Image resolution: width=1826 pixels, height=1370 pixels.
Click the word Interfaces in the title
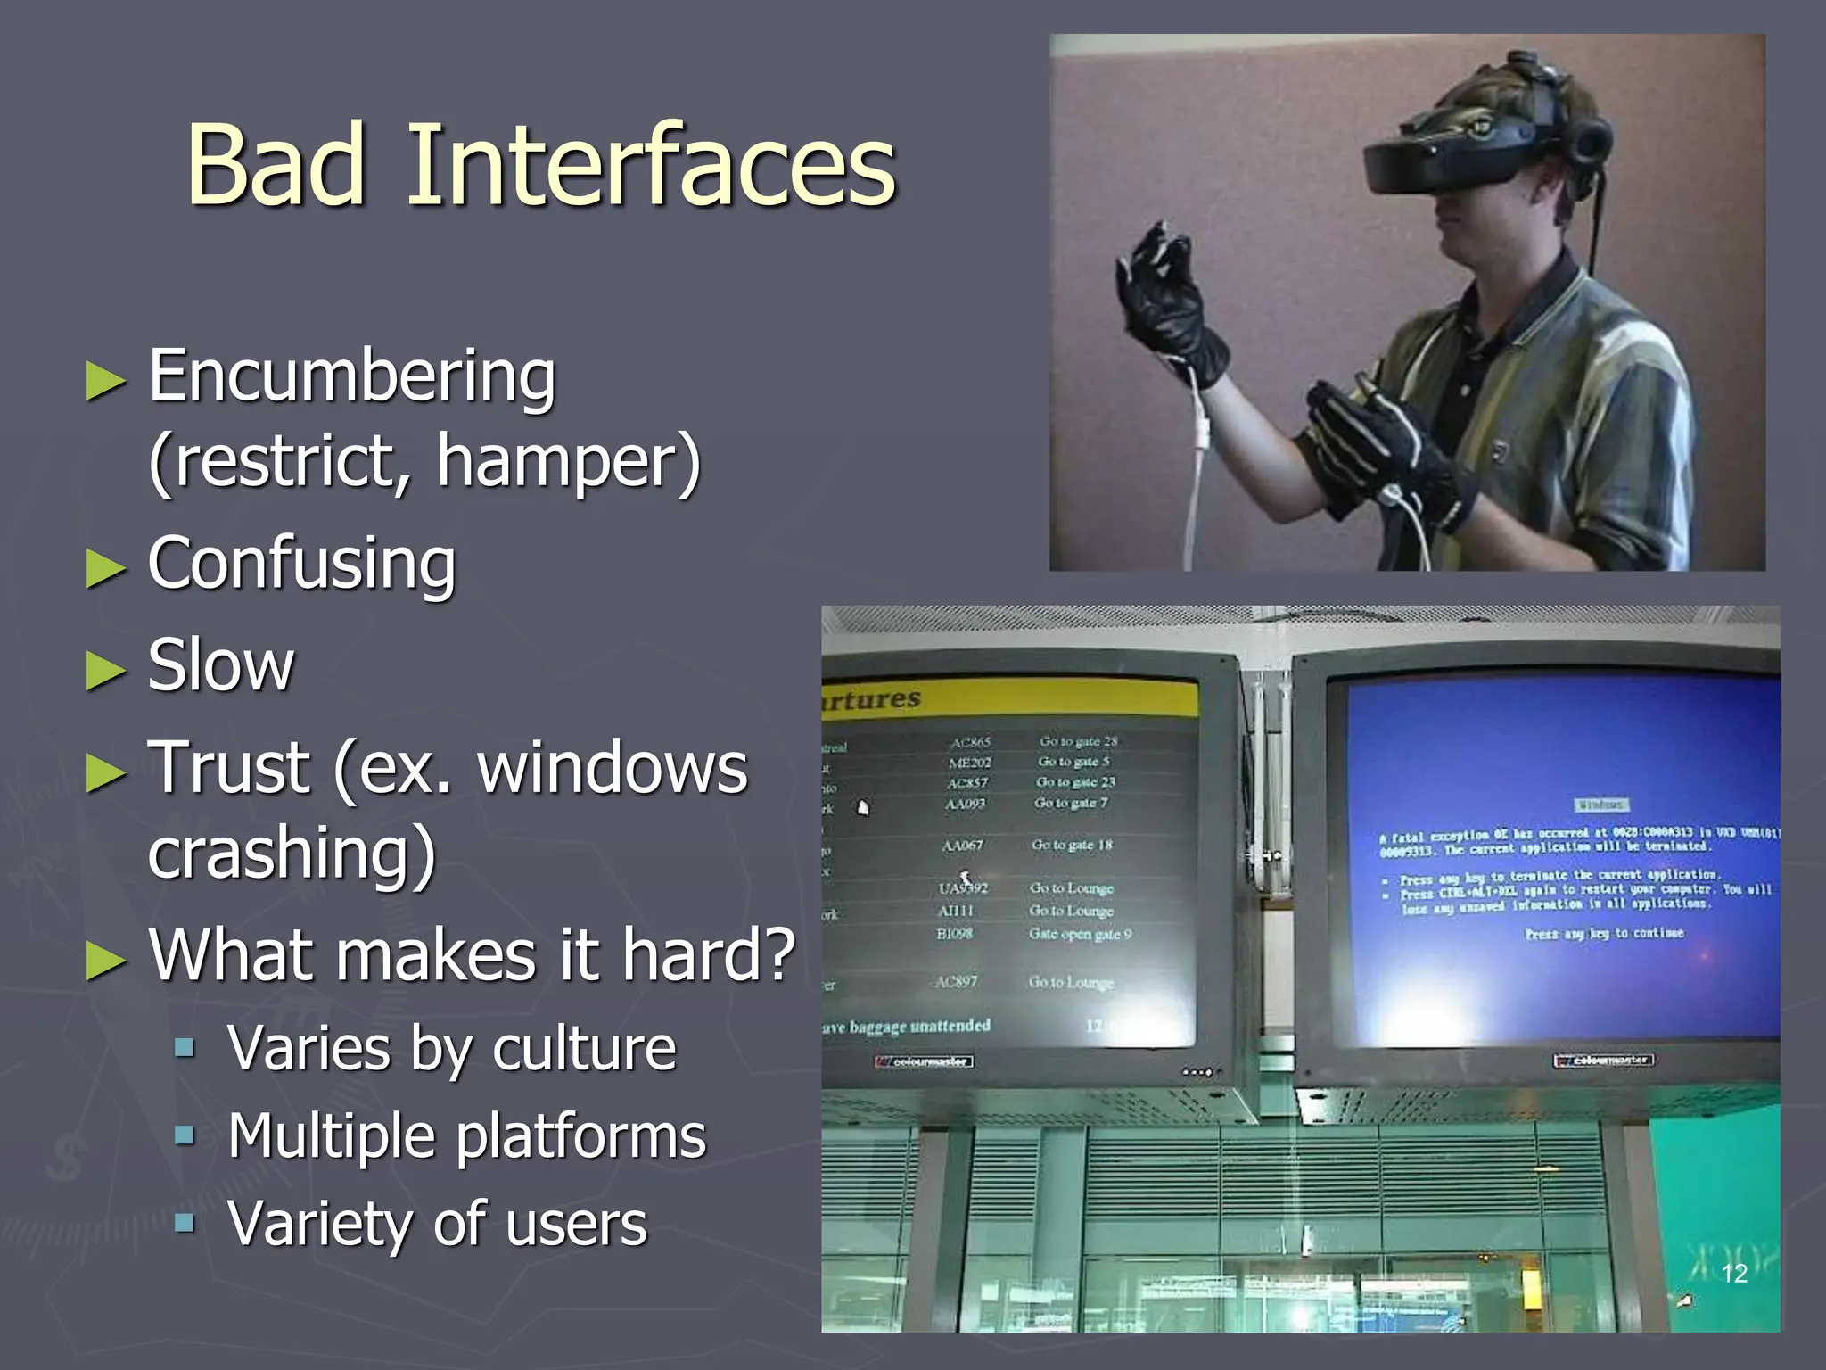651,167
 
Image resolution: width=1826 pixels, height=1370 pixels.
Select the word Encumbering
351,377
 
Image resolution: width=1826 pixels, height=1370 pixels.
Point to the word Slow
220,666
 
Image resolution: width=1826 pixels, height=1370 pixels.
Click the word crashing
292,854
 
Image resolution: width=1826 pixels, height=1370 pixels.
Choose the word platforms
580,1137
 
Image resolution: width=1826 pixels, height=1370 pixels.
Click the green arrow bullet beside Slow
105,671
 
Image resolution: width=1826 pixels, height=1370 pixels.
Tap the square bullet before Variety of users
185,1222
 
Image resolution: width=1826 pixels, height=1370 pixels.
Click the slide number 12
1734,1274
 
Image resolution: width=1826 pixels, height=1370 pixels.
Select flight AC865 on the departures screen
970,742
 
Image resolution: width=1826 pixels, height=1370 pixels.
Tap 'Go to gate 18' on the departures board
1072,845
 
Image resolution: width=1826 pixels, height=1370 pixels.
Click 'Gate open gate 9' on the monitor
1080,934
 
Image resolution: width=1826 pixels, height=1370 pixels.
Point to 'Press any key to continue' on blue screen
1604,933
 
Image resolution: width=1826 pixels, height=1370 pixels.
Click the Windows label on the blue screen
1600,805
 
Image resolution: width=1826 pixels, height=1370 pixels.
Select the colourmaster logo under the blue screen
1604,1060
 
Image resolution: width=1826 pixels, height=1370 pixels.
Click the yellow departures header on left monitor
1008,698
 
